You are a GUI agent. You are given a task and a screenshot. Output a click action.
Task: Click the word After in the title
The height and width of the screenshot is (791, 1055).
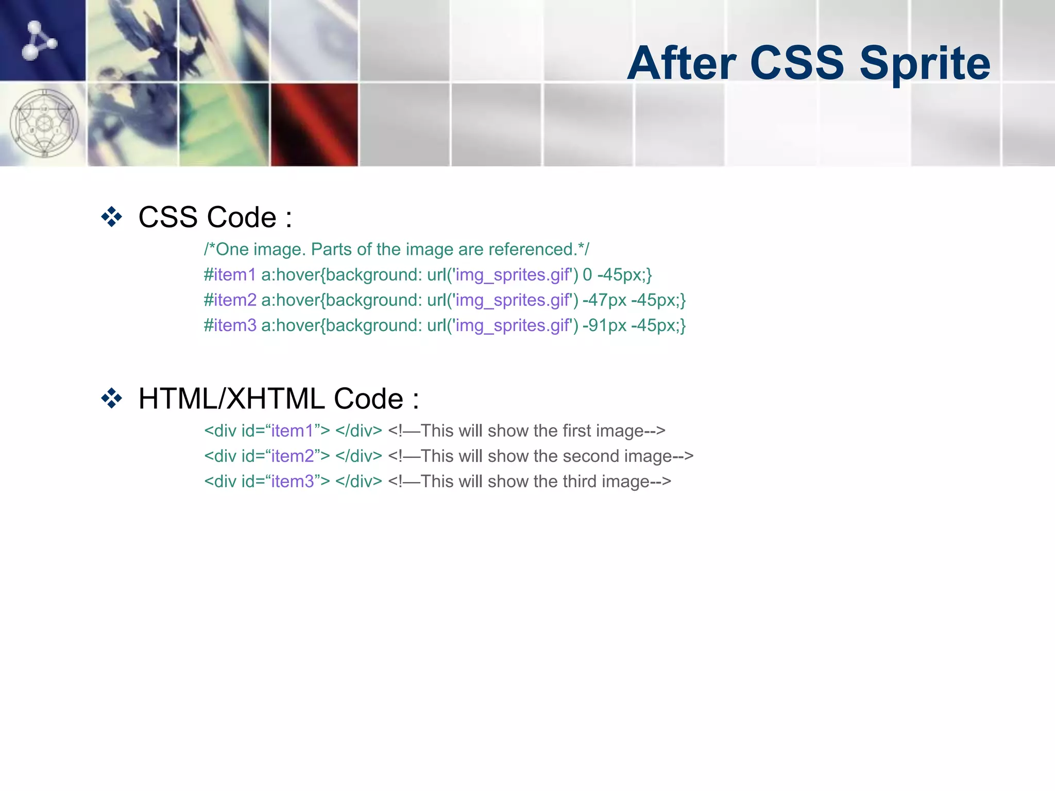[x=682, y=63]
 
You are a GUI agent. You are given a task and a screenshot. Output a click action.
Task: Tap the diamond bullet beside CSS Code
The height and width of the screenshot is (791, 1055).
[x=112, y=217]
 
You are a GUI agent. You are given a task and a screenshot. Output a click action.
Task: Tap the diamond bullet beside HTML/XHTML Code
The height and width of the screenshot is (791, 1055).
[x=112, y=398]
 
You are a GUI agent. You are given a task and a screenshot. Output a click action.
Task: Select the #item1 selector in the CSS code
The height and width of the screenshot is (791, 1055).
[x=230, y=274]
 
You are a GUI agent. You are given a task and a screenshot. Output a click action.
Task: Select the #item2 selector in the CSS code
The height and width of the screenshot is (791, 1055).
[x=230, y=300]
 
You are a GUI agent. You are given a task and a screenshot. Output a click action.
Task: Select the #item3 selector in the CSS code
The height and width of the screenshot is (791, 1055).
[x=230, y=325]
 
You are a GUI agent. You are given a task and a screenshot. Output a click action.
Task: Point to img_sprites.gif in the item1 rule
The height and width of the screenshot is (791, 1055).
[x=513, y=275]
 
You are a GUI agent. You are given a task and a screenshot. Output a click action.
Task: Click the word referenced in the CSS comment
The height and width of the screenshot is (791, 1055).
[x=532, y=249]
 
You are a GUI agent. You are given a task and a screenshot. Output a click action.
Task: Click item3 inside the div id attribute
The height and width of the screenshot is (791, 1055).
[x=293, y=481]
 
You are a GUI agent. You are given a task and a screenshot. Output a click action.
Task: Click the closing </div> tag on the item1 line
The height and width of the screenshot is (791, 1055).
[x=359, y=431]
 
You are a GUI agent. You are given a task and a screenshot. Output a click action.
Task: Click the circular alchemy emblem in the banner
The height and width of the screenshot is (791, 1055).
[x=44, y=124]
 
